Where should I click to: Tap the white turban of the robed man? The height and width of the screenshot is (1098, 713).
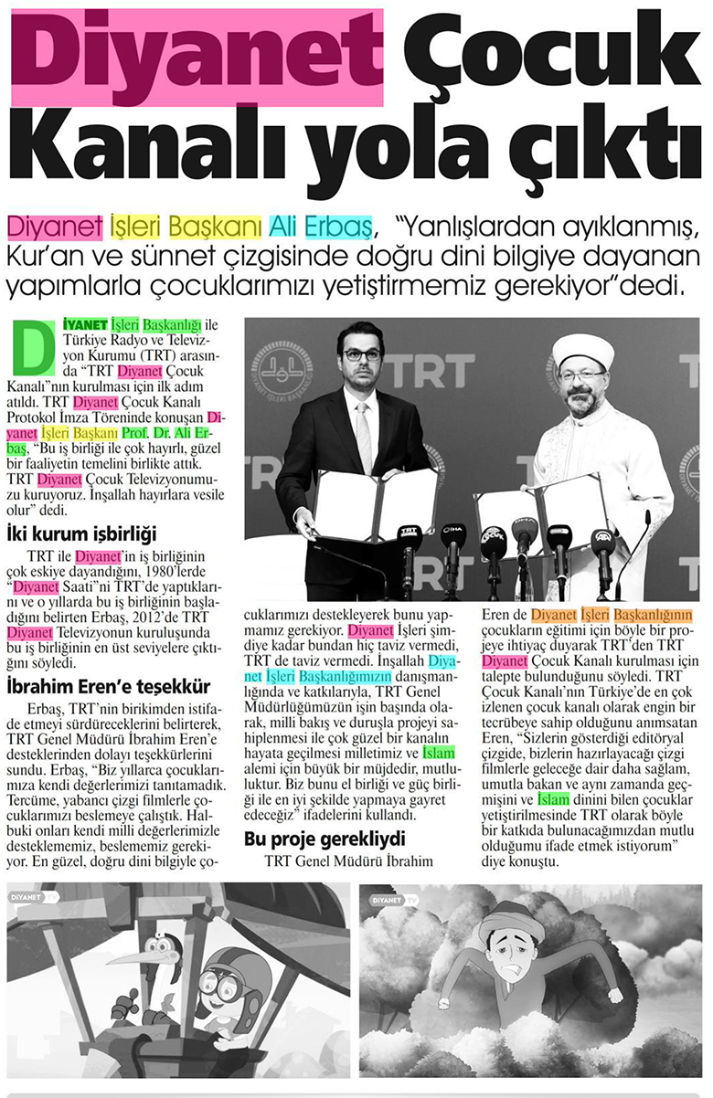tap(582, 348)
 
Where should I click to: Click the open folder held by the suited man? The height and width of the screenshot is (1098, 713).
tap(375, 505)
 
